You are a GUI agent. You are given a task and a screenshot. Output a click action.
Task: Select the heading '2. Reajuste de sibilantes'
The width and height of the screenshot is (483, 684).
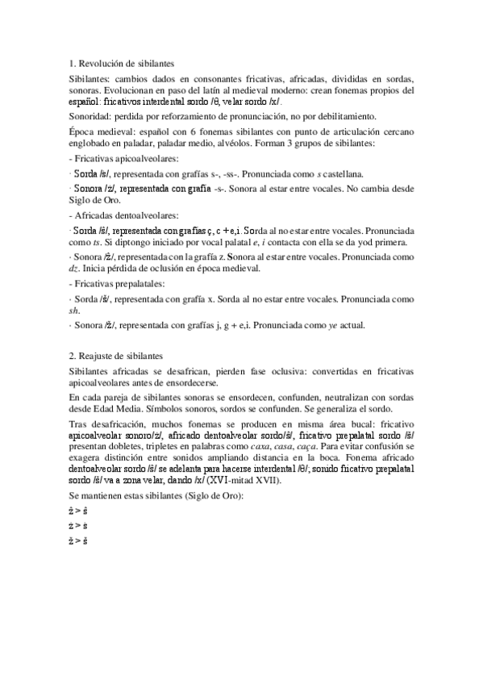point(116,356)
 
